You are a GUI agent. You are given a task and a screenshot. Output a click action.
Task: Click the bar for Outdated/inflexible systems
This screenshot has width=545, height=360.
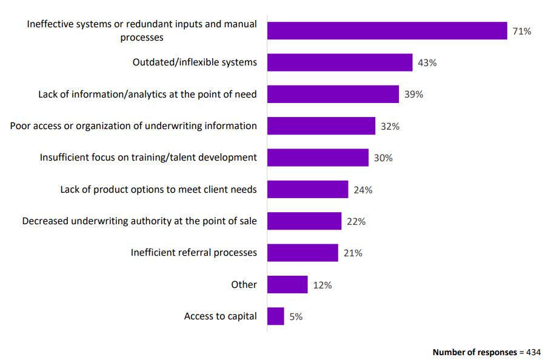339,62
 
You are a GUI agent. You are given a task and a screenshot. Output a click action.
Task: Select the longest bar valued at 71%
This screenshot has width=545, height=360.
387,31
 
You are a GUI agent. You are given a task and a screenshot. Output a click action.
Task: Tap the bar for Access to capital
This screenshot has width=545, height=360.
275,316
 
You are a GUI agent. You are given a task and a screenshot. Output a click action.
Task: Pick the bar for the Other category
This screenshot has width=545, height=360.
287,285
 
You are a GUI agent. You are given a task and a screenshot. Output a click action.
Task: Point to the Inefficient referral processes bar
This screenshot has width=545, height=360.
303,253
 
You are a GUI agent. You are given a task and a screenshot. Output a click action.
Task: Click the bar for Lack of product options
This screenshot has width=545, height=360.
307,190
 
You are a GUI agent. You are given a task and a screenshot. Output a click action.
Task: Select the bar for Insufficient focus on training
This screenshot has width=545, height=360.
318,158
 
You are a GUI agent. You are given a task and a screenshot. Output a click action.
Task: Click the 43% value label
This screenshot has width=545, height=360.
427,62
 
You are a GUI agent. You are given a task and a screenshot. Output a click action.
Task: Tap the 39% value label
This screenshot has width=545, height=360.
413,95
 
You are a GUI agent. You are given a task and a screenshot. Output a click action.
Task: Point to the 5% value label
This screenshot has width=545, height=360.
296,316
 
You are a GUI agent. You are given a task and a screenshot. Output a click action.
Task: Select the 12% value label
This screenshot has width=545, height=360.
322,285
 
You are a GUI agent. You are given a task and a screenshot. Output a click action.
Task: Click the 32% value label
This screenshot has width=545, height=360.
390,126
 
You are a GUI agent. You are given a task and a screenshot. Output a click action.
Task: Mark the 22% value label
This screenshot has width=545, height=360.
356,221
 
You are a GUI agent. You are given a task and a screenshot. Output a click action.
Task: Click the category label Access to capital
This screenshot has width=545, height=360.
220,316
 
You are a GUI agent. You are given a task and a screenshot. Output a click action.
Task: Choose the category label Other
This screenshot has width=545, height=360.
244,284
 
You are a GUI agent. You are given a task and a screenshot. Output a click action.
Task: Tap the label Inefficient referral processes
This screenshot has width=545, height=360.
193,253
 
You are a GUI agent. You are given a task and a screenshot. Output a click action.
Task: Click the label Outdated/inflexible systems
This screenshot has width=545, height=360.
195,62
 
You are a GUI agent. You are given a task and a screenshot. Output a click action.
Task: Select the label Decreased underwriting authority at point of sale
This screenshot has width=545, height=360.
139,221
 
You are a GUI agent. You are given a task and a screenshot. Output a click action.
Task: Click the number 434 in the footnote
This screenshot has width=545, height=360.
533,352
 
